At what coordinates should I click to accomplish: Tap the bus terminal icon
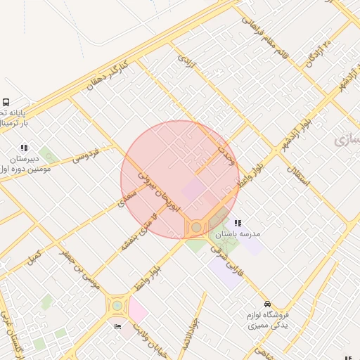point(6,102)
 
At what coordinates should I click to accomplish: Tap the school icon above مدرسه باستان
point(238,223)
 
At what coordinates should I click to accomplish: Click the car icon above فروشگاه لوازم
point(266,303)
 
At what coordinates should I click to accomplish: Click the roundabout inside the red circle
point(196,227)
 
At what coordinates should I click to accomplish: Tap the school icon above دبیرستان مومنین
point(23,148)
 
